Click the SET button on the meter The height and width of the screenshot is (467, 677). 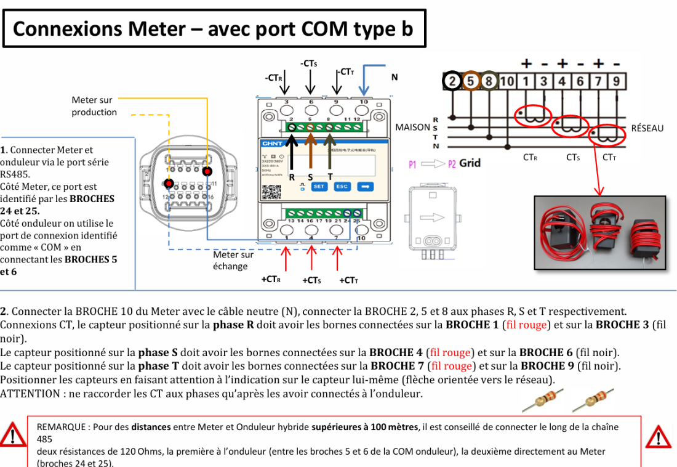click(x=319, y=186)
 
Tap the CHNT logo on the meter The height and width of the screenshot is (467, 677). click(x=272, y=144)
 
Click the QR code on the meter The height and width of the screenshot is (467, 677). click(x=271, y=192)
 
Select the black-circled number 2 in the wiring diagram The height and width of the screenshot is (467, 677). click(x=452, y=81)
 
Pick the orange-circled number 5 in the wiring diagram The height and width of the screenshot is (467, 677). click(x=471, y=81)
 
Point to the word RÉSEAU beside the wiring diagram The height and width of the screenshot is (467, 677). click(x=647, y=128)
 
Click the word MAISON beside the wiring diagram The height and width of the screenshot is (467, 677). click(x=412, y=128)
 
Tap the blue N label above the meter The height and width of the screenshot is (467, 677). click(x=395, y=77)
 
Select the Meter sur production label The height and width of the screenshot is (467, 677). click(x=94, y=106)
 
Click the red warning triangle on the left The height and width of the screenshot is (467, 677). click(x=12, y=435)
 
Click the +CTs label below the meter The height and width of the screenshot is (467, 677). click(x=311, y=280)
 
